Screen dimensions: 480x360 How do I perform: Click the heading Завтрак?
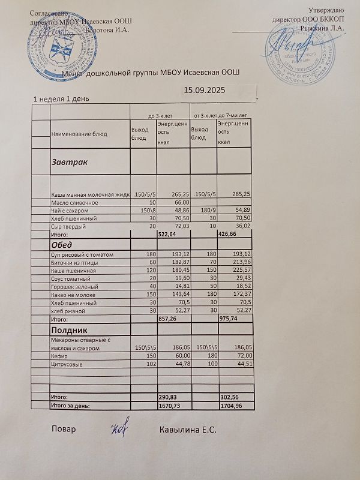coord(70,163)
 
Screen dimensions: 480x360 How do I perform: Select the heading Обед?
coord(62,245)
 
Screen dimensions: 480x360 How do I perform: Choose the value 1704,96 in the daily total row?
coord(233,406)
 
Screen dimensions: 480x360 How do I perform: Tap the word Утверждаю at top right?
coord(326,10)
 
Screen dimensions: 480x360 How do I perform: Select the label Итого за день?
coord(70,406)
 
